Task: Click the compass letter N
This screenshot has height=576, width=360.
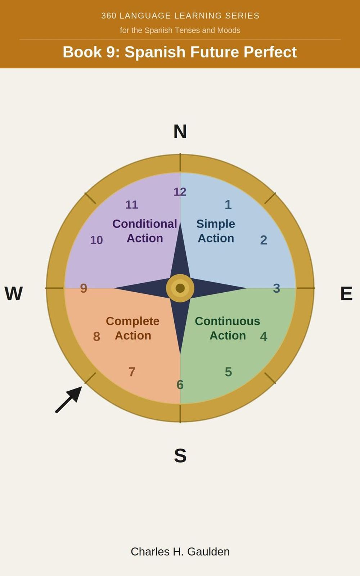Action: tap(180, 131)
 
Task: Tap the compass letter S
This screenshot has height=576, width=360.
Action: tap(180, 455)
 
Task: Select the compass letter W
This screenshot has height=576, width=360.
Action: tap(14, 293)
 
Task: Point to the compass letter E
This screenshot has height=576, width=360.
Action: tap(346, 293)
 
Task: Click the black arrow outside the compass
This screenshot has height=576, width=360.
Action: tap(69, 399)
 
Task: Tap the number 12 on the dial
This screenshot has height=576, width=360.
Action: tap(180, 192)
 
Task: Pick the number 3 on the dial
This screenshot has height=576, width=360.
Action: tap(276, 288)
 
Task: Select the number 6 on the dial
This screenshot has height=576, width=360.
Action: tap(180, 385)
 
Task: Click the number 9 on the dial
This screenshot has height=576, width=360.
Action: tap(84, 288)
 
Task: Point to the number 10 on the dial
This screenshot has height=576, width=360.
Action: tap(96, 240)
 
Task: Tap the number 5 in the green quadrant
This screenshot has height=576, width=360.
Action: tap(228, 372)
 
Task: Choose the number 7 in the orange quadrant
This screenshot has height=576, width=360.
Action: tap(132, 372)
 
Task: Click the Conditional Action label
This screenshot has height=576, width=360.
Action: tap(145, 231)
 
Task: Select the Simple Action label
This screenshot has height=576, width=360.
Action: tap(216, 231)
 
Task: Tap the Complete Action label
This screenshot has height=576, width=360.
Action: tap(133, 328)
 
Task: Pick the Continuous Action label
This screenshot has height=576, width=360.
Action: tap(228, 328)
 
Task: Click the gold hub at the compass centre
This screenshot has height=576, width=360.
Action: tap(180, 288)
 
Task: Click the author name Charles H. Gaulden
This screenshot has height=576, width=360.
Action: tap(180, 552)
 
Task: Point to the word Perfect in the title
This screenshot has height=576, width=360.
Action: tap(270, 52)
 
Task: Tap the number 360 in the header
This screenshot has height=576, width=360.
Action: tap(109, 16)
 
